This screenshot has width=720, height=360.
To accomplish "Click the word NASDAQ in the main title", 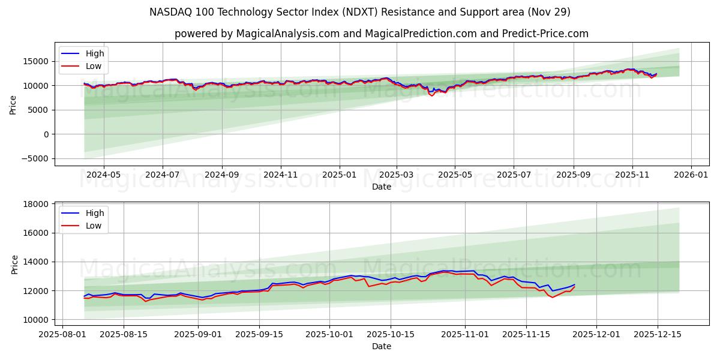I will click(x=170, y=12).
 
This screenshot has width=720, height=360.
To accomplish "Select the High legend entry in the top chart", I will click(x=94, y=53).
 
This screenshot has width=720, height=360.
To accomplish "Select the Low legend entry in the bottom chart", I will click(x=94, y=226).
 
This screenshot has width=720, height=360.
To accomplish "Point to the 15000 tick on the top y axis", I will click(x=36, y=61).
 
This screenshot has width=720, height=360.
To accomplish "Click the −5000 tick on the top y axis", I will click(x=34, y=159).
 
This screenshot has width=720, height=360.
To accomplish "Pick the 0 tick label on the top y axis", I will click(x=46, y=134).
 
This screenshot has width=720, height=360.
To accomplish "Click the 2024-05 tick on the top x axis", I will click(x=103, y=175).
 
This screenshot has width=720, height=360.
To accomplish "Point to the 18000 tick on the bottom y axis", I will click(x=36, y=204).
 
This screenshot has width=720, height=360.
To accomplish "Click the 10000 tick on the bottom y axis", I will click(x=36, y=320).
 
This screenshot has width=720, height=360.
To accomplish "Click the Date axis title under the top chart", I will click(x=382, y=187).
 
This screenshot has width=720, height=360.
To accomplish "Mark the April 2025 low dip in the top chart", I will click(x=431, y=95).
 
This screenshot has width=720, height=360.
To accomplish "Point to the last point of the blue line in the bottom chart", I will click(x=574, y=284).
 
